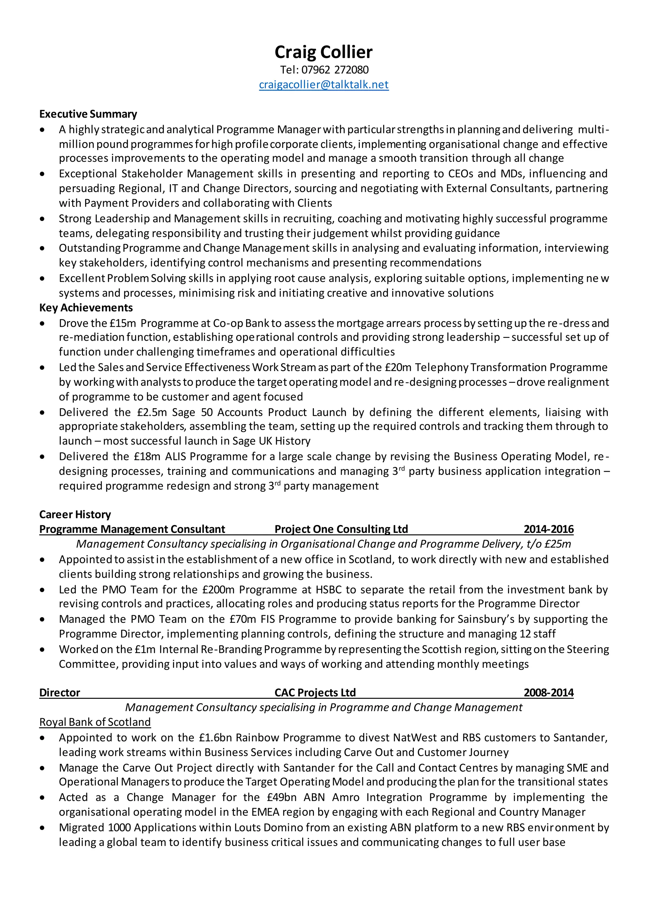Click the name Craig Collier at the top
(x=324, y=52)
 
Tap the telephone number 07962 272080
(x=335, y=70)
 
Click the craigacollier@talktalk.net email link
(x=324, y=85)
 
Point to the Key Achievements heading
(x=86, y=308)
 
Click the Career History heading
(x=75, y=515)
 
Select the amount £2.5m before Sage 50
(x=151, y=412)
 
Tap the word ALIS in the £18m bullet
(x=176, y=457)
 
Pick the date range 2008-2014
(x=549, y=692)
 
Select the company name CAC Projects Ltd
(x=315, y=692)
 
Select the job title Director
(x=59, y=692)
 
